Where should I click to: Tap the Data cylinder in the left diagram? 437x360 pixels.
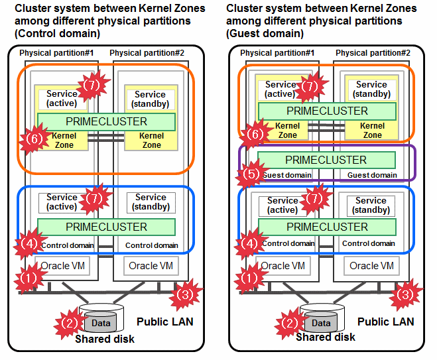(x=101, y=323)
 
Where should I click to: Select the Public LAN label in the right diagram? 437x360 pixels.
(x=385, y=322)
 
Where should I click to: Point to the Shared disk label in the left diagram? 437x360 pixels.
(x=104, y=339)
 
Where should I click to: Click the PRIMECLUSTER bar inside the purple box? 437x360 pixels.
(x=326, y=160)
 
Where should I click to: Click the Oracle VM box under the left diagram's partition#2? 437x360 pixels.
(x=153, y=266)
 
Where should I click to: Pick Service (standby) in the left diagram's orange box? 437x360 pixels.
(x=150, y=99)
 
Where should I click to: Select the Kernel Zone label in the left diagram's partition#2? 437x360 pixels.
(x=152, y=140)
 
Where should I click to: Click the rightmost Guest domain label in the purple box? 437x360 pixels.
(x=371, y=175)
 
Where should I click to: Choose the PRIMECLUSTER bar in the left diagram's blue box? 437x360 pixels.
(x=106, y=227)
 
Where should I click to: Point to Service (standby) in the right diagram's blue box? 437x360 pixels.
(x=371, y=205)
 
